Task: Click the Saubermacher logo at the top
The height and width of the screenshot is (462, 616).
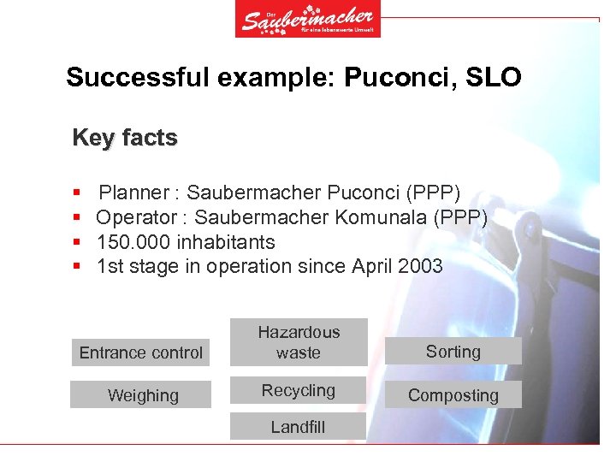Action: (308, 19)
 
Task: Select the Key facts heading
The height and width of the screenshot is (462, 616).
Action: (125, 138)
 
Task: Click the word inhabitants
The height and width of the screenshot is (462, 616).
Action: (226, 242)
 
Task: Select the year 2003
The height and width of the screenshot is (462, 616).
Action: (419, 266)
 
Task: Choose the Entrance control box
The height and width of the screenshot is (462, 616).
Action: (141, 352)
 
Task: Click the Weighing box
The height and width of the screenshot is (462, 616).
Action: (141, 395)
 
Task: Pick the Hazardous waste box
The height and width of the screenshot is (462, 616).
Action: (299, 342)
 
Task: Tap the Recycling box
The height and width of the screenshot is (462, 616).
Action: (299, 391)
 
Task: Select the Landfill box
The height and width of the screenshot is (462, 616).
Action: (299, 427)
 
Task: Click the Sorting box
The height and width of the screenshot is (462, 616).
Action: (453, 352)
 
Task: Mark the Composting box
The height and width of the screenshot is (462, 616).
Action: (453, 395)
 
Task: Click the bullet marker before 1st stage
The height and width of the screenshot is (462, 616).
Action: (77, 267)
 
